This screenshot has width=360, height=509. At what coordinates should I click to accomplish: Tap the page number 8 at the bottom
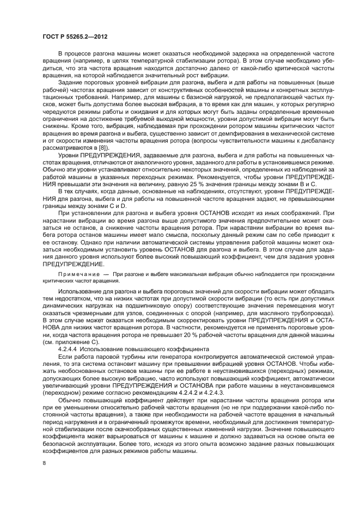[x=44, y=463]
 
